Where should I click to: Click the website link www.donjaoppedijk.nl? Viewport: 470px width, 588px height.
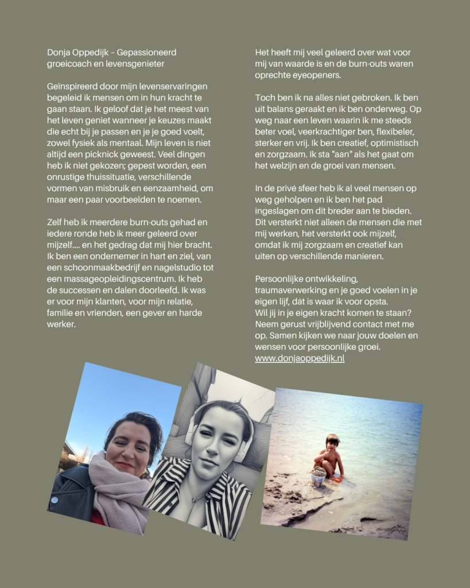[x=300, y=358]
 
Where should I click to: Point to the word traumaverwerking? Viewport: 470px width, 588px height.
[x=289, y=291]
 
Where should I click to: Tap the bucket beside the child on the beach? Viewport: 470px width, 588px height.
[x=318, y=476]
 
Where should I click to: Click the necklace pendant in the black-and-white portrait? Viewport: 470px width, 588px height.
[x=197, y=496]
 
